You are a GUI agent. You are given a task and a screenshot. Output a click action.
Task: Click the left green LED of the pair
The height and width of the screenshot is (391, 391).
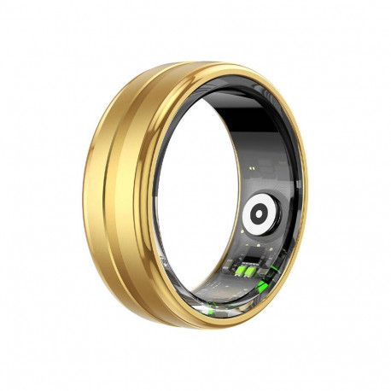[242, 271]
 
